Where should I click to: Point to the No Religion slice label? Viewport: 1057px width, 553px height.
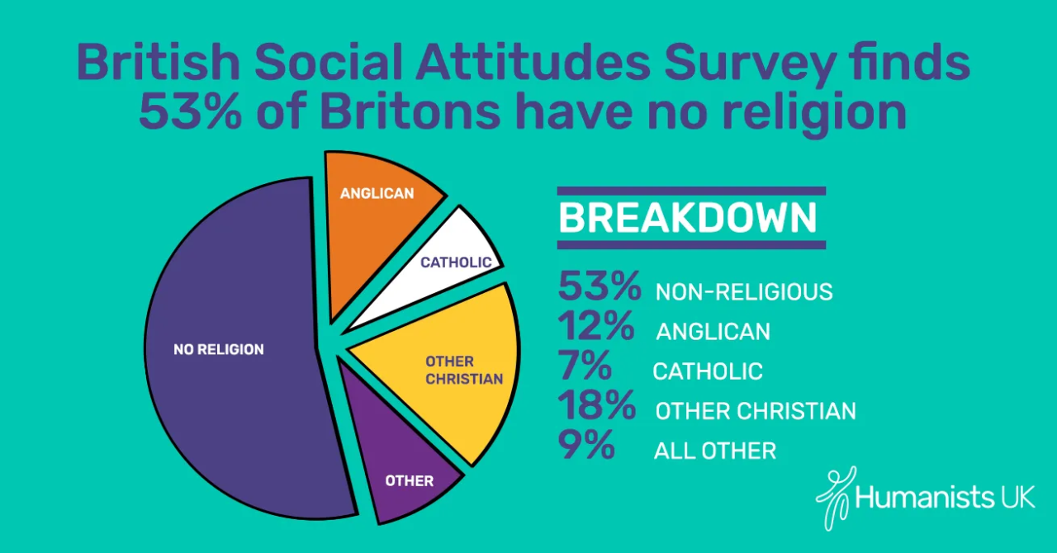point(219,350)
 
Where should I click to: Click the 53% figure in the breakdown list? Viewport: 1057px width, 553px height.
point(599,287)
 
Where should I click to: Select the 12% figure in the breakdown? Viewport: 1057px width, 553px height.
point(596,327)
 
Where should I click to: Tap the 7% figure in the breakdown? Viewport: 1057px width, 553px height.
point(585,366)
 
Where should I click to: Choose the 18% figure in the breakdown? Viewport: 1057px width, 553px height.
point(596,406)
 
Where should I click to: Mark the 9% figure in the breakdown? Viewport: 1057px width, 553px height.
point(586,446)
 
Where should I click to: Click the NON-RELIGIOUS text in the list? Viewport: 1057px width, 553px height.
point(744,292)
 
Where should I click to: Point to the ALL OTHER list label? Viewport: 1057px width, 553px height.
point(715,451)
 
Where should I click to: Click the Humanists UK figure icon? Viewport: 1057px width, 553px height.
point(834,495)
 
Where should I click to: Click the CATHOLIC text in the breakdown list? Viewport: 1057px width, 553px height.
point(708,371)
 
